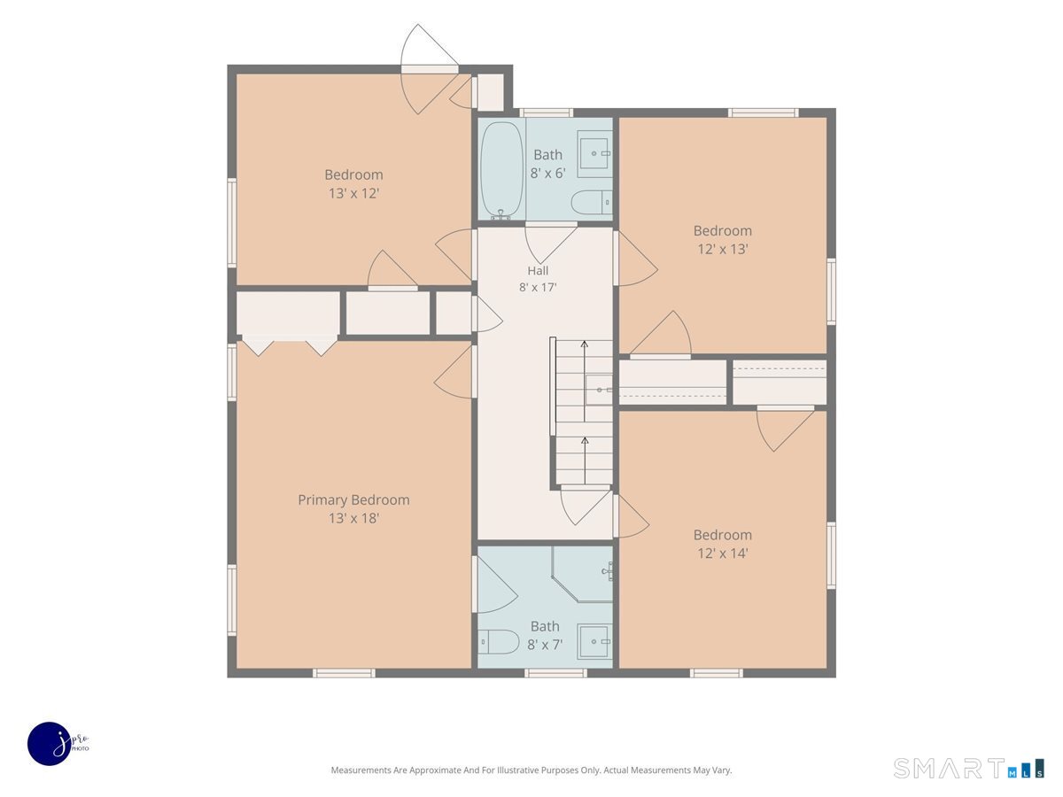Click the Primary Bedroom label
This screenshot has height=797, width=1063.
coord(353,499)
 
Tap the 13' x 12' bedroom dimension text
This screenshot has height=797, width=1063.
coord(353,194)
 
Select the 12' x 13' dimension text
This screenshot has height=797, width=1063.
coord(723,249)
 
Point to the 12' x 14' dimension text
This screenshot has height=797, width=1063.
coord(723,553)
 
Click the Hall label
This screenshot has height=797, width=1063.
coord(538,270)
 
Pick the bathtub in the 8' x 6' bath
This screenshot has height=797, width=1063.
coord(501,170)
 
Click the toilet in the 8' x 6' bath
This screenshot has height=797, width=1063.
coord(592,202)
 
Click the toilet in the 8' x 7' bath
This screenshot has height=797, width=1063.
coord(499,642)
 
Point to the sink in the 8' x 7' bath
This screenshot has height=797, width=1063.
coord(594,641)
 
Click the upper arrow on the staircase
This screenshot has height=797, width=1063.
coord(585,381)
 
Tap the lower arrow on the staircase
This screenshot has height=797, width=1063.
coord(585,460)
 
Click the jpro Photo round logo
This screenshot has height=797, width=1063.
coord(50,744)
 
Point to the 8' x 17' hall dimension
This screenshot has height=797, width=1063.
coord(538,288)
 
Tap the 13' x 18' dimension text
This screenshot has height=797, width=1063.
coord(353,518)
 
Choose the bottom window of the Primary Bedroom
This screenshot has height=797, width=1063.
coord(344,673)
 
